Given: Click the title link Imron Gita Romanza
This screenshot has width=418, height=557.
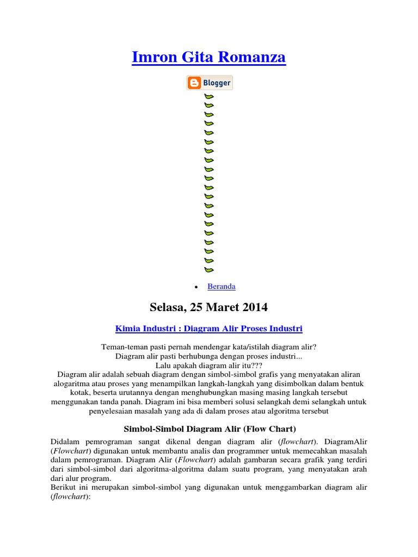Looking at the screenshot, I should tap(208, 57).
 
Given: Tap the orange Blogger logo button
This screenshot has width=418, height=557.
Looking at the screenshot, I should tap(210, 83).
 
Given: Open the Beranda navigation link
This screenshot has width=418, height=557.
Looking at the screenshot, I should tap(222, 286).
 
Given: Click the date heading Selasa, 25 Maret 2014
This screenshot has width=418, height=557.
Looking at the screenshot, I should tap(208, 307).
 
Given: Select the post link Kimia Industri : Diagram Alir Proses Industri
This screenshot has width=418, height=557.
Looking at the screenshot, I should tap(209, 329).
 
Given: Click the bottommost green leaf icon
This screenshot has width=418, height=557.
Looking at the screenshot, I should tap(209, 269).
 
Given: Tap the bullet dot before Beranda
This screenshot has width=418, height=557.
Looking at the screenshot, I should tap(195, 287).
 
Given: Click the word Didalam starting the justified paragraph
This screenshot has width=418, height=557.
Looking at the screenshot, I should tap(65, 442).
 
